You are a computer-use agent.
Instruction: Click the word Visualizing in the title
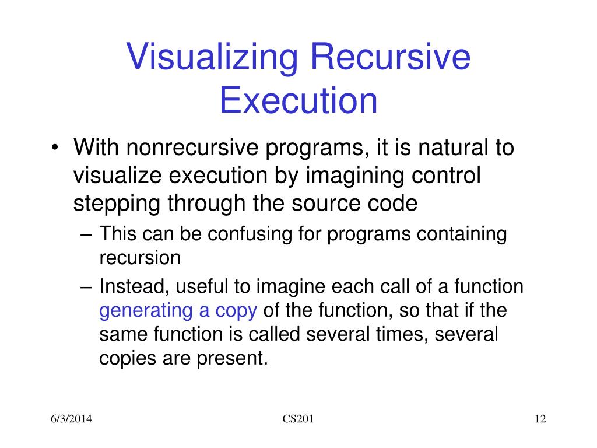(x=212, y=57)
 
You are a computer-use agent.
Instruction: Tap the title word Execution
(x=298, y=100)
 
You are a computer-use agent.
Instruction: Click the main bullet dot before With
(x=55, y=148)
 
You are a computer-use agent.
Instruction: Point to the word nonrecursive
(x=192, y=147)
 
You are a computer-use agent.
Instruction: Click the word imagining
(x=355, y=176)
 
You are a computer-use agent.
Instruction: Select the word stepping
(x=117, y=204)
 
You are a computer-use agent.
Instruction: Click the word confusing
(x=250, y=234)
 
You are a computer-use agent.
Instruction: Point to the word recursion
(x=140, y=258)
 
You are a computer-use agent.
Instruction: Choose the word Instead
(x=135, y=286)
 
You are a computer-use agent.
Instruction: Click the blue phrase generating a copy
(x=178, y=311)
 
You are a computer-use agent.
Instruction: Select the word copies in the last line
(x=128, y=359)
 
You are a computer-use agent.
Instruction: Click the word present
(x=232, y=359)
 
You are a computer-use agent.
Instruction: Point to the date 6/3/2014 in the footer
(x=71, y=419)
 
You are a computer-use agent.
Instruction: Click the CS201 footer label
(x=298, y=419)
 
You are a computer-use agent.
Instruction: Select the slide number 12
(x=540, y=419)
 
